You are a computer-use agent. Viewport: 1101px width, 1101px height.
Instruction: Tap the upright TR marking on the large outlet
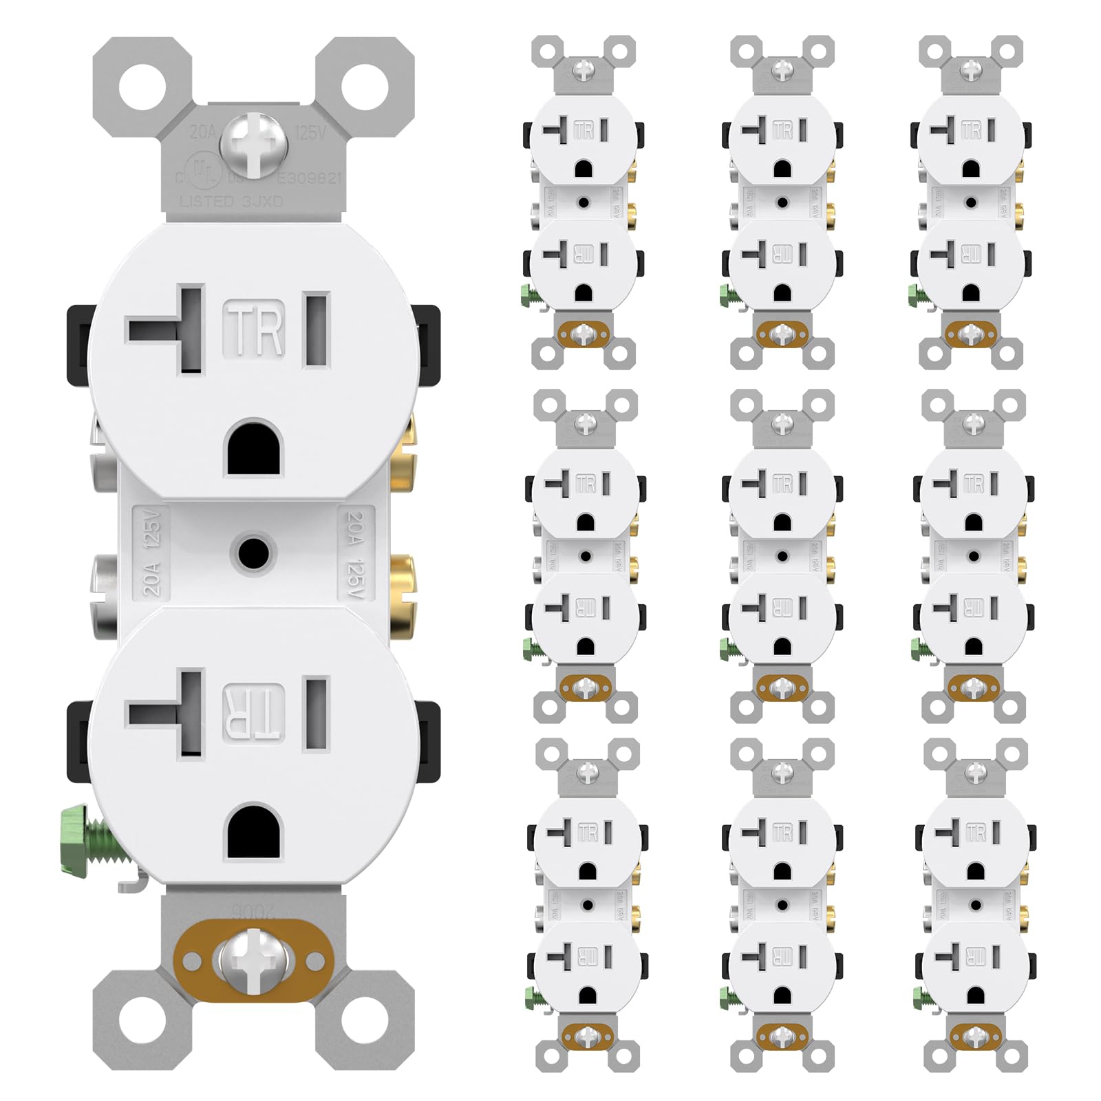[254, 331]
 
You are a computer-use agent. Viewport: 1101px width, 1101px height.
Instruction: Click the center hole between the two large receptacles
[253, 553]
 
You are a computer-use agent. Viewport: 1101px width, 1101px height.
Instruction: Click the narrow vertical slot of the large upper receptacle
[317, 330]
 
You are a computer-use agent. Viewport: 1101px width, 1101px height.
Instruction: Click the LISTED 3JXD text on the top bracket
[231, 202]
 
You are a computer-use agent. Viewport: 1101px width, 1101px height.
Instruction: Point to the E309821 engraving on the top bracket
[309, 178]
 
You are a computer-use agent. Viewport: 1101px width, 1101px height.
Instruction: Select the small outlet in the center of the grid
[782, 556]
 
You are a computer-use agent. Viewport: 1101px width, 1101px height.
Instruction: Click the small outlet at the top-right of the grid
[971, 203]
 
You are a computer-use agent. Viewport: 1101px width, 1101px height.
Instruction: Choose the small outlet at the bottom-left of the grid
[587, 905]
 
